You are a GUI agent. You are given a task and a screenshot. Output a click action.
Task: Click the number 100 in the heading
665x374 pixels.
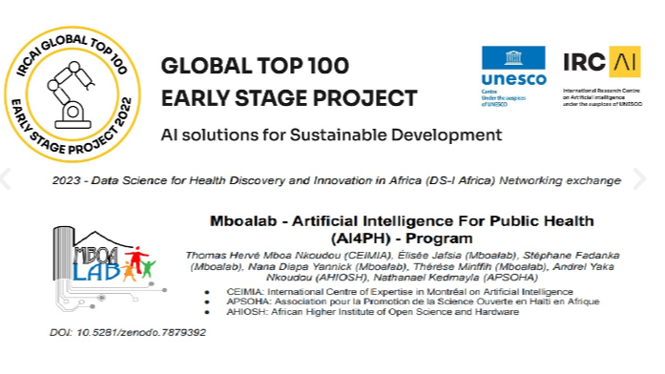click(325, 68)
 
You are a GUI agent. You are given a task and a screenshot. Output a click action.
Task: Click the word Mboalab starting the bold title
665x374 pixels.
click(242, 220)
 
